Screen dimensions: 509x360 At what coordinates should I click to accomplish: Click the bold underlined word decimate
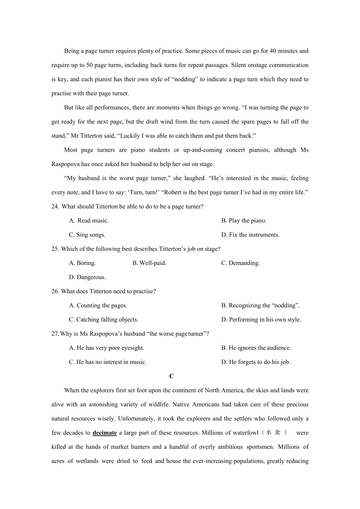pyautogui.click(x=105, y=433)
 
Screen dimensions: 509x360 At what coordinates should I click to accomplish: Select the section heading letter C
pyautogui.click(x=172, y=376)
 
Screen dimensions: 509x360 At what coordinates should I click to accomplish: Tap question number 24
pyautogui.click(x=55, y=207)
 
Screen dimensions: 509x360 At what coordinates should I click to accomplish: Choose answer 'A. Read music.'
pyautogui.click(x=89, y=221)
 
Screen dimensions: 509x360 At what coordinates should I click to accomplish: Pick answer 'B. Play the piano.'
pyautogui.click(x=244, y=221)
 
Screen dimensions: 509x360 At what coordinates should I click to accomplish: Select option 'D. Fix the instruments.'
pyautogui.click(x=250, y=235)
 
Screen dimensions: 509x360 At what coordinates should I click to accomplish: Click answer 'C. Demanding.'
pyautogui.click(x=241, y=263)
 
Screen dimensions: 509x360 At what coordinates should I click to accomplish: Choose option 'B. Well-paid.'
pyautogui.click(x=149, y=263)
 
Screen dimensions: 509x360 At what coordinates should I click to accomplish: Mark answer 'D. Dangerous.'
pyautogui.click(x=87, y=277)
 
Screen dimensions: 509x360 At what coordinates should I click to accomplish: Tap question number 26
pyautogui.click(x=55, y=291)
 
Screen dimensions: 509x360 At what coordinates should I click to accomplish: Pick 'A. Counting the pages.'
pyautogui.click(x=98, y=305)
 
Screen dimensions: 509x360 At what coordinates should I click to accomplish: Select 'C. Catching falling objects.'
pyautogui.click(x=104, y=320)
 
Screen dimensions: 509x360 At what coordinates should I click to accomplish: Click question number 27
pyautogui.click(x=55, y=334)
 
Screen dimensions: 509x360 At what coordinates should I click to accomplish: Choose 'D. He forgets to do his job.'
pyautogui.click(x=256, y=362)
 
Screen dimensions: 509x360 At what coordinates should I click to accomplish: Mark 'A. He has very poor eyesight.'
pyautogui.click(x=106, y=348)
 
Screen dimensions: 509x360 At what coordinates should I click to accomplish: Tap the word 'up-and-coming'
pyautogui.click(x=203, y=150)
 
